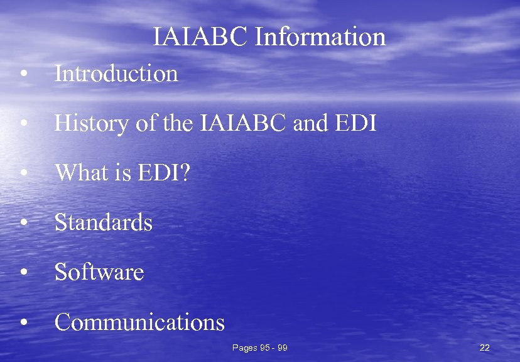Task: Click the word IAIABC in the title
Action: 200,37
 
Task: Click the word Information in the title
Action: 320,37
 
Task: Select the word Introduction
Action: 116,74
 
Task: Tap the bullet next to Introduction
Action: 23,74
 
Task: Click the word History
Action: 92,124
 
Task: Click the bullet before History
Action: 23,124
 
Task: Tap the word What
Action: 79,173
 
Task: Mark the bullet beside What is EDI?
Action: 23,173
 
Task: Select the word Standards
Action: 104,222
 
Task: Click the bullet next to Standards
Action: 23,223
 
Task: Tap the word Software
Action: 99,272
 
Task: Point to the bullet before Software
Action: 23,273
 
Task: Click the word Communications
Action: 139,322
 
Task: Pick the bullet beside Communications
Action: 23,323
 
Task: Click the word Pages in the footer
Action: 244,348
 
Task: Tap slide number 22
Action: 484,348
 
